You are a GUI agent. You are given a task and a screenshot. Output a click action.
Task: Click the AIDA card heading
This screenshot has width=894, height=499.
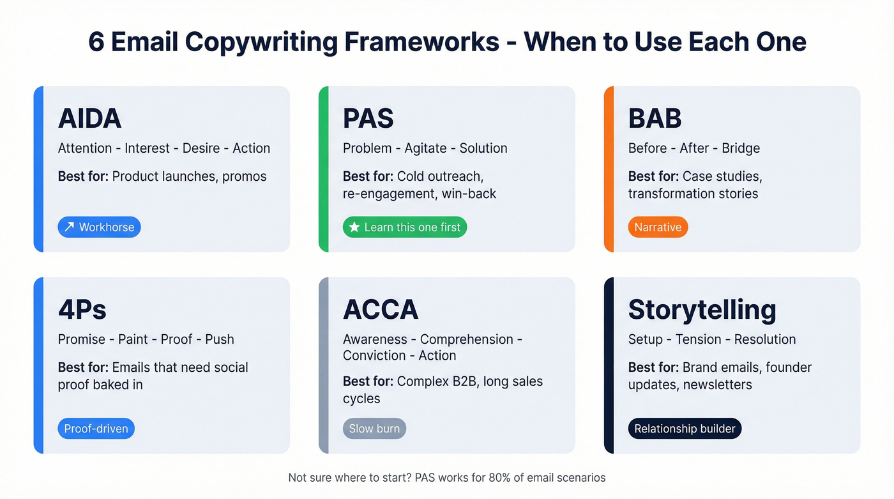pyautogui.click(x=89, y=118)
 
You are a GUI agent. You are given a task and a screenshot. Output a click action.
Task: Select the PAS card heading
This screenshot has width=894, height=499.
pyautogui.click(x=368, y=118)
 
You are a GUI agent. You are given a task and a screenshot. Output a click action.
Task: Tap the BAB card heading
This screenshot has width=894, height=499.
pyautogui.click(x=655, y=118)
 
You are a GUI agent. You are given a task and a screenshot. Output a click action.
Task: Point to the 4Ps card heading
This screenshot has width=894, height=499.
pyautogui.click(x=82, y=309)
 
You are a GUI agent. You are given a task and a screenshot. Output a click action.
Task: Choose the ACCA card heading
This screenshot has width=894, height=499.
pyautogui.click(x=380, y=309)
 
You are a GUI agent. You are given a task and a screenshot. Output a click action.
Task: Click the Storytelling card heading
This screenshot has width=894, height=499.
pyautogui.click(x=702, y=309)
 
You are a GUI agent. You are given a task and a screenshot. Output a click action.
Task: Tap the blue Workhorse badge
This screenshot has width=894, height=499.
pyautogui.click(x=99, y=227)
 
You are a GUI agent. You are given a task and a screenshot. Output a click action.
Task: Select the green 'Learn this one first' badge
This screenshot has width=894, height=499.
pyautogui.click(x=405, y=227)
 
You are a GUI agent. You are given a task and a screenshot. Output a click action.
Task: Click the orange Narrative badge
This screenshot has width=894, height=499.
pyautogui.click(x=658, y=227)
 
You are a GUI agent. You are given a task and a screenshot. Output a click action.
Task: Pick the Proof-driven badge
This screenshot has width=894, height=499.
pyautogui.click(x=96, y=429)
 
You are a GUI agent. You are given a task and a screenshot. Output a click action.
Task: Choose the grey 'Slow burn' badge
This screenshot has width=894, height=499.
pyautogui.click(x=374, y=429)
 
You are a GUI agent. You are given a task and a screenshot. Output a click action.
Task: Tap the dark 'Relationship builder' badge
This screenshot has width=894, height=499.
pyautogui.click(x=685, y=429)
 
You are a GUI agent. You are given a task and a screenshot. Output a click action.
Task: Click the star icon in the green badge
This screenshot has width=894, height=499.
pyautogui.click(x=354, y=227)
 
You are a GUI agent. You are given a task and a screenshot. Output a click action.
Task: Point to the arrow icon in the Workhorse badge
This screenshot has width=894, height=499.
pyautogui.click(x=70, y=227)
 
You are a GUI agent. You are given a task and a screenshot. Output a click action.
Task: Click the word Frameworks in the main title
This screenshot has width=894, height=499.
pyautogui.click(x=422, y=42)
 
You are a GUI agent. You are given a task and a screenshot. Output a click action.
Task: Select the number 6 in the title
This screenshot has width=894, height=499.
pyautogui.click(x=96, y=42)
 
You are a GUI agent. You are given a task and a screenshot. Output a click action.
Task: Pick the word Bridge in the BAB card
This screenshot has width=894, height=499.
pyautogui.click(x=741, y=148)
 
